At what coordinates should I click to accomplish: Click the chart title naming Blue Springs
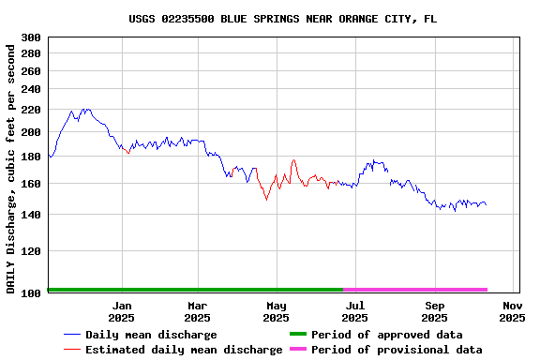(x=282, y=19)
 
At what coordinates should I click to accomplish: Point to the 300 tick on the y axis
(x=30, y=37)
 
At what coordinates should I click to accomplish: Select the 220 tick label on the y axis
(x=30, y=110)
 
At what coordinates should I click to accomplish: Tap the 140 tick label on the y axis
(x=30, y=216)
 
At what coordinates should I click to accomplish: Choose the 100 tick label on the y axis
(x=30, y=292)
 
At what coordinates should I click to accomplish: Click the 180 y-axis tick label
(x=30, y=157)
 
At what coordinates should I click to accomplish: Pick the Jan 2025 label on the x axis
(x=122, y=311)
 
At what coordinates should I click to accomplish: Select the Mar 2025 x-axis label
(x=197, y=311)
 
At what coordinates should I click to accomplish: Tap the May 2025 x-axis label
(x=276, y=311)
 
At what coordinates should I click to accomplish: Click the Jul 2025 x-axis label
(x=354, y=311)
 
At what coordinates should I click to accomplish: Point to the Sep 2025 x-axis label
(x=434, y=311)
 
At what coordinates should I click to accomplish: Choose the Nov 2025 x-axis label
(x=512, y=311)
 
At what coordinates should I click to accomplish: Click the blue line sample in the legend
(x=72, y=335)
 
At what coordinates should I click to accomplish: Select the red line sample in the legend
(x=72, y=350)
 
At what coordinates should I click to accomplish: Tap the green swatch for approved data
(x=297, y=335)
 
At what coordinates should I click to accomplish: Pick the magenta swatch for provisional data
(x=297, y=350)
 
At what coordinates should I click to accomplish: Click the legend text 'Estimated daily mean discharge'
(x=184, y=350)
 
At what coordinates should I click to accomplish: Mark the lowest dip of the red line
(x=266, y=199)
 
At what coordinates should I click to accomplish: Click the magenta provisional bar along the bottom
(x=415, y=290)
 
